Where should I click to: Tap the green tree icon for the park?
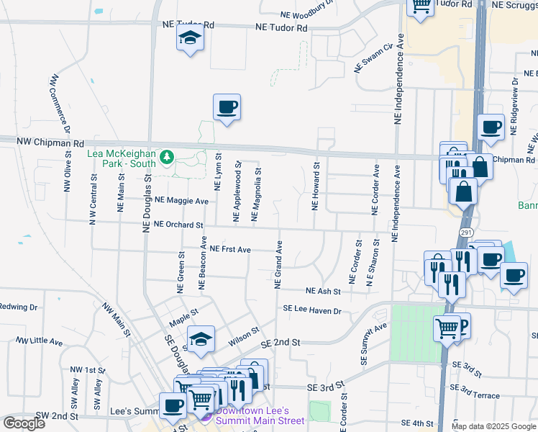[167, 157]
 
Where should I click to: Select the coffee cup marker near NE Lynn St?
[227, 108]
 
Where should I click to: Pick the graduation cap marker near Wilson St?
[201, 340]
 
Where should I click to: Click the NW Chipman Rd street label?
[42, 143]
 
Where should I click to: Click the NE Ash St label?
[322, 291]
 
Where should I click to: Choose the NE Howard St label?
[315, 186]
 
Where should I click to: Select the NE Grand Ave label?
[278, 265]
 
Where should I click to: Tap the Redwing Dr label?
[18, 307]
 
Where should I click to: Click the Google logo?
[24, 423]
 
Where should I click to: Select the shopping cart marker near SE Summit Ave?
[447, 328]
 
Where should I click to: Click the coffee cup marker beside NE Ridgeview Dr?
[491, 127]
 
